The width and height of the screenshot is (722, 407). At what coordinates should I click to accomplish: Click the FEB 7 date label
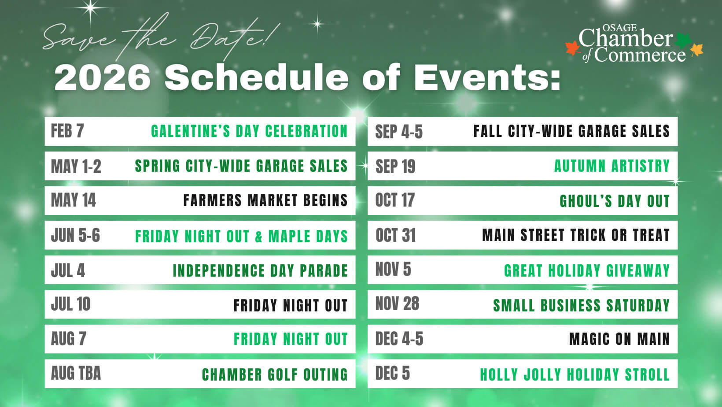coord(67,131)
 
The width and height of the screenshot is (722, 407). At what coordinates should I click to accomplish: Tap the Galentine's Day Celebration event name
coord(249,131)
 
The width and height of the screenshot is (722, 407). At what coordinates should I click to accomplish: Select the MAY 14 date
coord(73,200)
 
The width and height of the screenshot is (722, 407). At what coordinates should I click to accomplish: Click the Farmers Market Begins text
coord(265,200)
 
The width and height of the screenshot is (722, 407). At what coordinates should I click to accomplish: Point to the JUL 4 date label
coord(68,270)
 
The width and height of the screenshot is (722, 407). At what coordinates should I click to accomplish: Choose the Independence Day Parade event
coord(260,270)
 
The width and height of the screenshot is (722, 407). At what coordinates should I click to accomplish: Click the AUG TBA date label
coord(76,374)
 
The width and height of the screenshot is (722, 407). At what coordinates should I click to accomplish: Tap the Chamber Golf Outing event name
coord(275,374)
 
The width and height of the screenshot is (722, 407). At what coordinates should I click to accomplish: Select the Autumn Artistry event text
coord(612,166)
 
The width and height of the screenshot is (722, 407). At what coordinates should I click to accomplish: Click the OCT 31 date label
coord(395,235)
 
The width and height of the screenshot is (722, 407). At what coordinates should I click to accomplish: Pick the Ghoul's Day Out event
coord(615,201)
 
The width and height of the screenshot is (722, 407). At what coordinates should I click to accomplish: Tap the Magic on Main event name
coord(619,339)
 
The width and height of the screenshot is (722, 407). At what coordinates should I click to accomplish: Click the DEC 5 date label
coord(392,374)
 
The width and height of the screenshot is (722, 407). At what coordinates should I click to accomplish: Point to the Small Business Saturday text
coord(581,305)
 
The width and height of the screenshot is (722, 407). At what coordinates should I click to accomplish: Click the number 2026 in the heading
coord(103,78)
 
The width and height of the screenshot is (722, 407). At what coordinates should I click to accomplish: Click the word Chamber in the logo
coord(625,39)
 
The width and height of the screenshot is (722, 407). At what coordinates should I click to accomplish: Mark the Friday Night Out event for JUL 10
coord(291,305)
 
